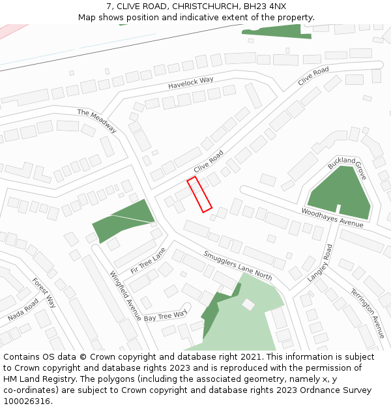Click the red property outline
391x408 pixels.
(x=199, y=194)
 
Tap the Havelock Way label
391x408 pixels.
(x=191, y=83)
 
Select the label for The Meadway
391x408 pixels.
(x=96, y=121)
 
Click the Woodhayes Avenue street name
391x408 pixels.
(x=332, y=218)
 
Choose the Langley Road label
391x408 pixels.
(x=320, y=262)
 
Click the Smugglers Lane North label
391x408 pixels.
(x=237, y=265)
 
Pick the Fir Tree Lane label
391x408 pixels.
(x=148, y=260)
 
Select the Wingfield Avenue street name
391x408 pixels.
(x=125, y=296)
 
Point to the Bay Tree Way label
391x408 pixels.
(x=166, y=317)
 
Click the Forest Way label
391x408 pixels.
(x=44, y=293)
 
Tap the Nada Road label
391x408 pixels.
(x=23, y=310)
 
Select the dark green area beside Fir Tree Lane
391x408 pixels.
(x=124, y=220)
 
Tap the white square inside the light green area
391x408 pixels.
(x=248, y=304)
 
